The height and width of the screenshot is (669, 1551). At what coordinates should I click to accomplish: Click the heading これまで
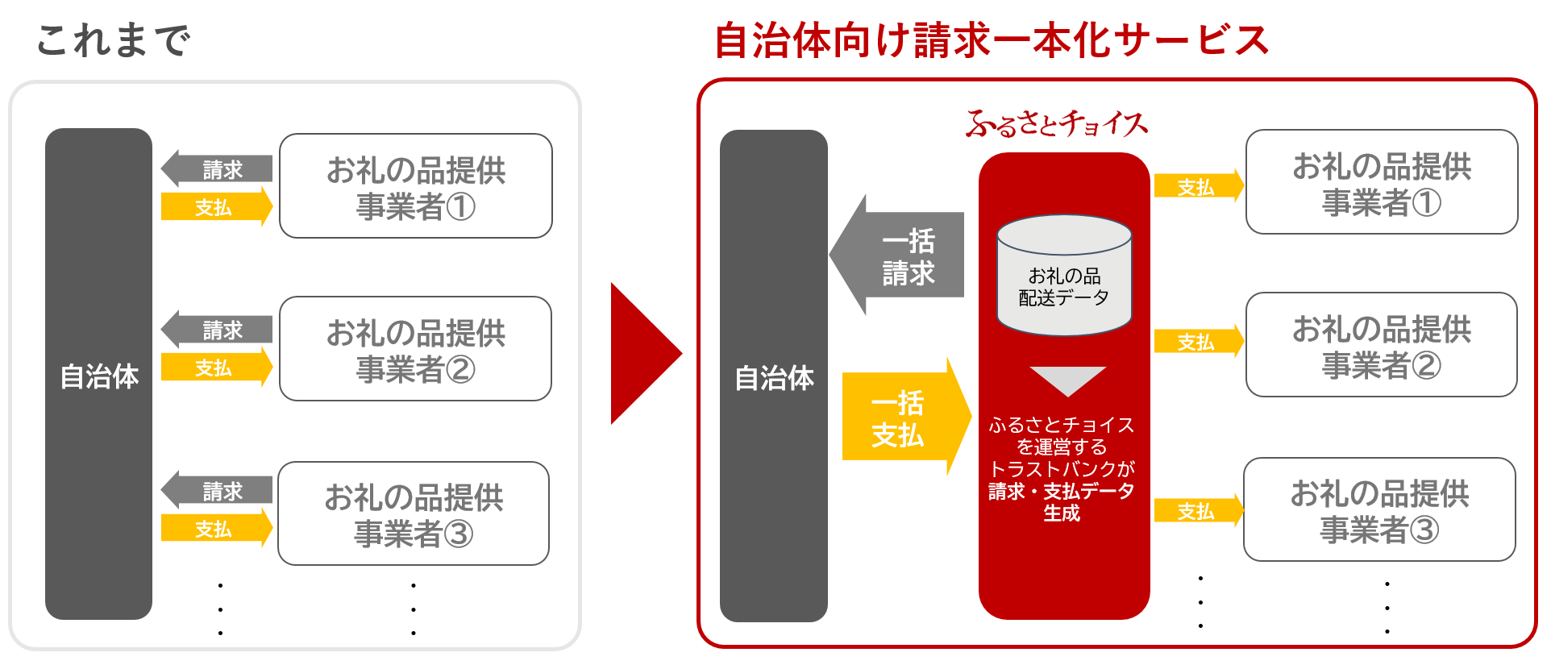click(x=113, y=40)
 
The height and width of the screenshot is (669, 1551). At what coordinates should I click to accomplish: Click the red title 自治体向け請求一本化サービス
click(x=992, y=40)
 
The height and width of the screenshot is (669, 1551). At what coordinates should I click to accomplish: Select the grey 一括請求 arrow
click(x=899, y=256)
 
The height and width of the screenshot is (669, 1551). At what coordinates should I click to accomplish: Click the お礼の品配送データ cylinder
click(x=1064, y=276)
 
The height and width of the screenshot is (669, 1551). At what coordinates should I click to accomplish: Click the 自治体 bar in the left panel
click(x=99, y=374)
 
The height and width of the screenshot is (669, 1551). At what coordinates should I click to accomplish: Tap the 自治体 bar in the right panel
click(x=774, y=376)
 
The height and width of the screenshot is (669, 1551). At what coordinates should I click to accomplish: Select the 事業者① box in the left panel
click(x=416, y=186)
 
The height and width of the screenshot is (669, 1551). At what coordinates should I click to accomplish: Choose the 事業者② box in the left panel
click(x=416, y=349)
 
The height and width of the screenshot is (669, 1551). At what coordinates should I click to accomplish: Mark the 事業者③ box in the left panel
click(x=414, y=513)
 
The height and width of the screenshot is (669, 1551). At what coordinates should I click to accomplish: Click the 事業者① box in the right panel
click(x=1382, y=182)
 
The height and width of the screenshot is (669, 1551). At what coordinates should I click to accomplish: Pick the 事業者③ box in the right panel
click(x=1379, y=509)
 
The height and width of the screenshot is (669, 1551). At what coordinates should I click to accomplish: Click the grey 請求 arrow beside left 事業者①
click(x=218, y=169)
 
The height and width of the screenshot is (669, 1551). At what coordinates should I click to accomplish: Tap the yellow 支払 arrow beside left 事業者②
click(x=216, y=368)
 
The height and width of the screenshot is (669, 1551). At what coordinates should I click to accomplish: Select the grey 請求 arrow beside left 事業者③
click(x=218, y=491)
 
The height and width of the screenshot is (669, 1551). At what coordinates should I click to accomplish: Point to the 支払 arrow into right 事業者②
click(x=1198, y=342)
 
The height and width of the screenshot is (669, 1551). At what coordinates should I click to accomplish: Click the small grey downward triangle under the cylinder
click(x=1067, y=380)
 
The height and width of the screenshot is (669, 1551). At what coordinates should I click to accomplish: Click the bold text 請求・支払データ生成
click(x=1061, y=501)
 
